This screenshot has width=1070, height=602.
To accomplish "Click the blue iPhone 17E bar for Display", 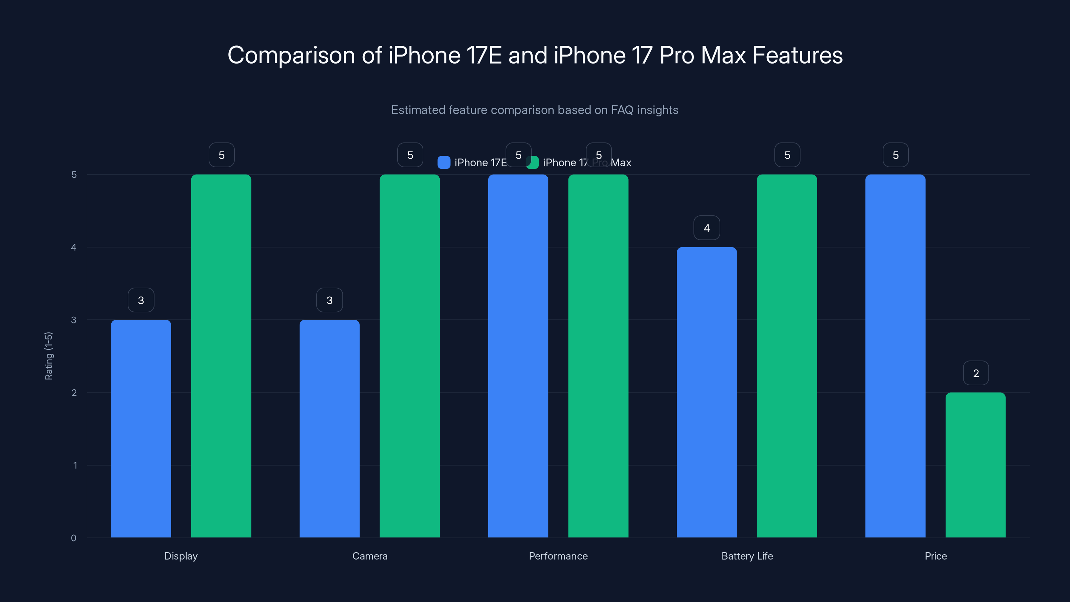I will (x=141, y=428).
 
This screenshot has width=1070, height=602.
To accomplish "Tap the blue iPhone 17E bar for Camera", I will (x=329, y=428).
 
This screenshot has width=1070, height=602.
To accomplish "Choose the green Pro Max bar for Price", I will (x=975, y=465).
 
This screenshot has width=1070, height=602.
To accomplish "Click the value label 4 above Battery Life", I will (x=707, y=228).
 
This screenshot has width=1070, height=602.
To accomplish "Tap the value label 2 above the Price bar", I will (x=976, y=373).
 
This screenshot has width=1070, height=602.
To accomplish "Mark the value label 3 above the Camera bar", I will (x=329, y=300).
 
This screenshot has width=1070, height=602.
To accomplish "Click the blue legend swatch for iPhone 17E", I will (x=444, y=163).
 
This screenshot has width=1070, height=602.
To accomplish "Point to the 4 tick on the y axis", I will (x=74, y=247).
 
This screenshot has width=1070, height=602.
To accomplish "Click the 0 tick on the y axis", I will (x=74, y=538).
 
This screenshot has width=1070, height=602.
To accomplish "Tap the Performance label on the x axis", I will (x=558, y=556).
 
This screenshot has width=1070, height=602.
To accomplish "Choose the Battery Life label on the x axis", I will (x=747, y=556).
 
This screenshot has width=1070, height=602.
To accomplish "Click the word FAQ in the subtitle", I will (x=622, y=110).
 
